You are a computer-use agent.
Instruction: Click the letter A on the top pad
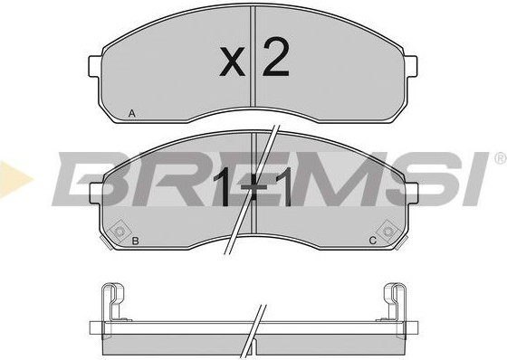(131, 113)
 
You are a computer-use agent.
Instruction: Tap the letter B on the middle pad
(136, 241)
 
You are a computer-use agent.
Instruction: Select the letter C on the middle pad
(373, 241)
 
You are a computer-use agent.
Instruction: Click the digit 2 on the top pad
(275, 57)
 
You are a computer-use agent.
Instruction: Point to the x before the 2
(232, 62)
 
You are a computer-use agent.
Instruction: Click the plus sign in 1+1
(254, 188)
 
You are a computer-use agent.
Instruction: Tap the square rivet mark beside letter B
(119, 232)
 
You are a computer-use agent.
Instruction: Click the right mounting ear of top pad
(410, 67)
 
